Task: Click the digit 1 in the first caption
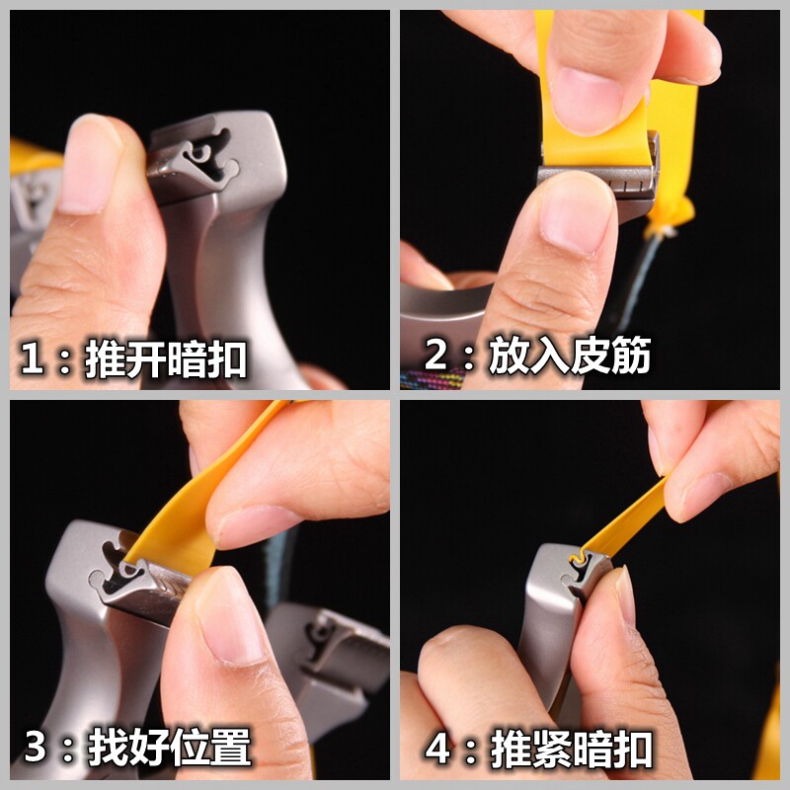coord(33,357)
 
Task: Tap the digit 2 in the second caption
coord(435,354)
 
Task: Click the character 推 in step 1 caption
coord(105,358)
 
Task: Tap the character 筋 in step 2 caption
coord(630,355)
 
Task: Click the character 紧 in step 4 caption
coord(552,750)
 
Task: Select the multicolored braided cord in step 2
coord(434,379)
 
